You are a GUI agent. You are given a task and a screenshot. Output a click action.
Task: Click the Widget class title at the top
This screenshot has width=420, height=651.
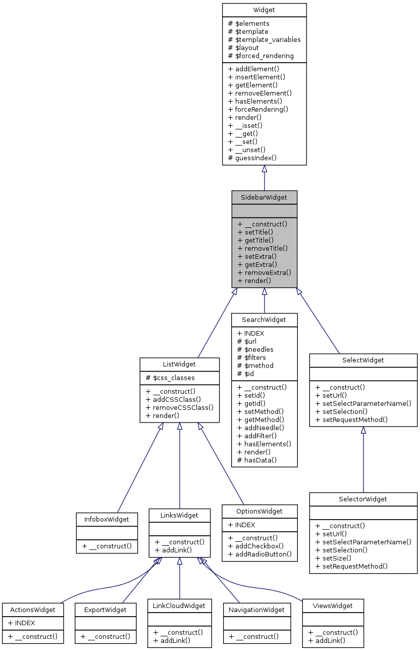[x=264, y=10]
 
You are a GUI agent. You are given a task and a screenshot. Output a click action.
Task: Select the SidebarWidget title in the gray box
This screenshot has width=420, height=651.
[x=264, y=197]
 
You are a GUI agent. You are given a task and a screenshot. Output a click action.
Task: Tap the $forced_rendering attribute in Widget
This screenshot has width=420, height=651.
[x=261, y=56]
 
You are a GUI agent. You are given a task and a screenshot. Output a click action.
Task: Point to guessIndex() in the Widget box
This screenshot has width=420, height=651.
[x=252, y=158]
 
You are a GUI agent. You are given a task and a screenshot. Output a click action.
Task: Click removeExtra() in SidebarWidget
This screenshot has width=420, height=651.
[x=264, y=272]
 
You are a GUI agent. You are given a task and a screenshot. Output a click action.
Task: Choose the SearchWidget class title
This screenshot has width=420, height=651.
[x=264, y=319]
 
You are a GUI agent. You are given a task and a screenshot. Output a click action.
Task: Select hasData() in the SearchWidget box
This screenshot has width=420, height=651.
[x=257, y=460]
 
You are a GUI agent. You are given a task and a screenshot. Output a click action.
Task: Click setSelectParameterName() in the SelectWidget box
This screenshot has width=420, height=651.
[x=363, y=403]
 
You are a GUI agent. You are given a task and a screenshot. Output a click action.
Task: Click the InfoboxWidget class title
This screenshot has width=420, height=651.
[x=107, y=519]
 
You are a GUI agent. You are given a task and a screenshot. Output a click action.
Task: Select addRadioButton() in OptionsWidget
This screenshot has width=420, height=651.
[x=259, y=554]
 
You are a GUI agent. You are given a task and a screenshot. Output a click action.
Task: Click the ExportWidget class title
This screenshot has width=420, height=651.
[x=106, y=610]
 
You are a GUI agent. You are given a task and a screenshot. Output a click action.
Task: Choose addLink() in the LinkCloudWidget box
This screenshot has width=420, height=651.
[x=172, y=640]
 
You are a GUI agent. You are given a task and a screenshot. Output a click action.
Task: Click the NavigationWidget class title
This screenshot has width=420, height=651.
[x=257, y=610]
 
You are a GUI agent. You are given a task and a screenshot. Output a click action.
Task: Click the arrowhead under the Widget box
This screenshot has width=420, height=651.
[x=264, y=169]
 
